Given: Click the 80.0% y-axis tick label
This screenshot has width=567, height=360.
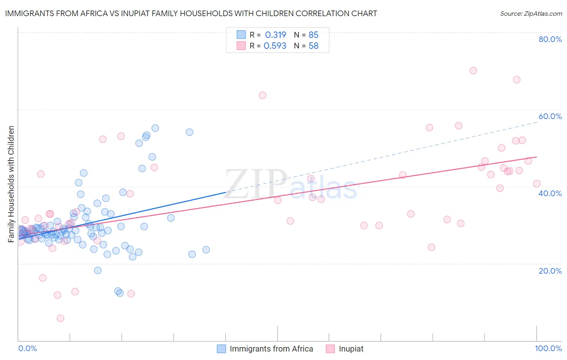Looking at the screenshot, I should [550, 39].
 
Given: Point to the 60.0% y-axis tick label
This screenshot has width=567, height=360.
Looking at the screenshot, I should [550, 116].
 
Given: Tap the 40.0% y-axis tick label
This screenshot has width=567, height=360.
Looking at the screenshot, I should [550, 193].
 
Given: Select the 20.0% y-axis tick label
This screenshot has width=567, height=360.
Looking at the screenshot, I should [550, 271].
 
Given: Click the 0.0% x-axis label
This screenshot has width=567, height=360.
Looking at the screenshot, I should [27, 348].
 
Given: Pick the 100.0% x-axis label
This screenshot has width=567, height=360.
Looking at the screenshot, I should [548, 348].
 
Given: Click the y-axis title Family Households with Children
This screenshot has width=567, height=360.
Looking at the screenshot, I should [11, 184].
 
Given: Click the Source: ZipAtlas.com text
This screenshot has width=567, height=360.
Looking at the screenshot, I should [531, 14].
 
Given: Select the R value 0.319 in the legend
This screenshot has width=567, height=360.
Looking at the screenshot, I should [275, 35].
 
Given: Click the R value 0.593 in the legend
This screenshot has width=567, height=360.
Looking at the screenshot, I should [275, 46].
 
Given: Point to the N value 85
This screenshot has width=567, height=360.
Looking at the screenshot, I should [313, 35].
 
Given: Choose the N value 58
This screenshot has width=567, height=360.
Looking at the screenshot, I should [313, 46].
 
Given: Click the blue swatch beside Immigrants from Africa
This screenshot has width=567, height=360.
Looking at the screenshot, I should [221, 349].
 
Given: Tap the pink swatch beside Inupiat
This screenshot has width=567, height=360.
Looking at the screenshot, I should [330, 349].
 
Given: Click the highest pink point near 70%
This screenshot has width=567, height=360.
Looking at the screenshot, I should [473, 71].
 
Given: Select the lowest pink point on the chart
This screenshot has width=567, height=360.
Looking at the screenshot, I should [60, 318].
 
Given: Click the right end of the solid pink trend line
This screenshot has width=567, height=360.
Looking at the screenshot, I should [536, 157].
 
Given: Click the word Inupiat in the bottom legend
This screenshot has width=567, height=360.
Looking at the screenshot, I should [351, 349].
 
